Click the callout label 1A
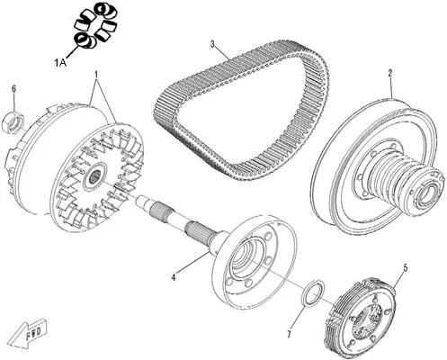coord(60,63)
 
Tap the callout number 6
coord(13,89)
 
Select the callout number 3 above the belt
coord(212,44)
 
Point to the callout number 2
coord(390,73)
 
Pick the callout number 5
coord(405,268)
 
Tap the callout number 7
coord(289,334)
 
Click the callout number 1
coord(96,74)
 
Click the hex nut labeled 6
coord(13,121)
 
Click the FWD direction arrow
coord(26,333)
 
